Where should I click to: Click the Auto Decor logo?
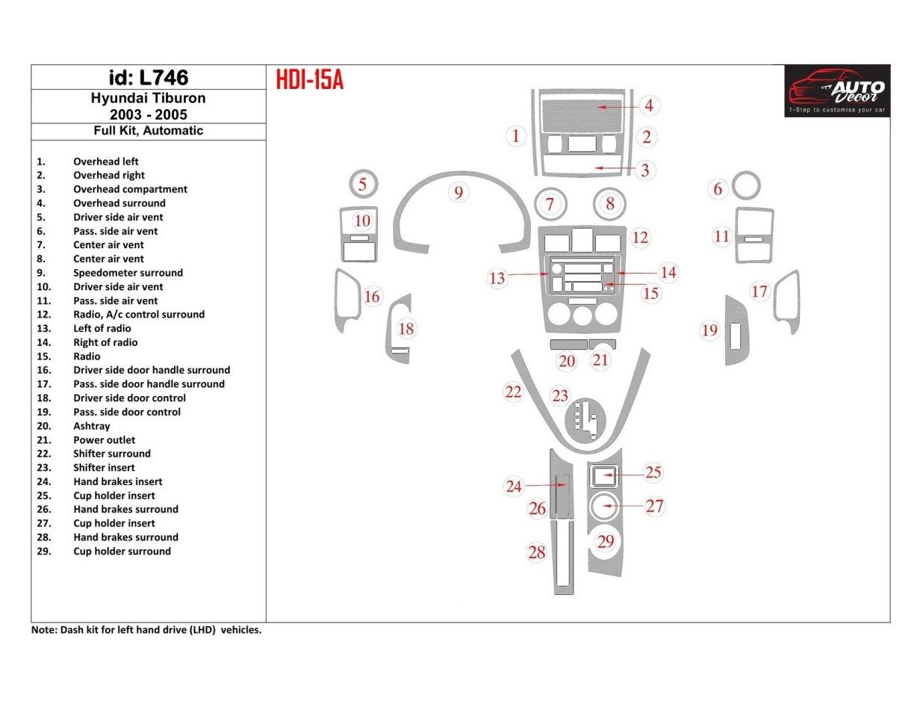pyautogui.click(x=836, y=90)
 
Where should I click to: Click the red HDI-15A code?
pyautogui.click(x=309, y=79)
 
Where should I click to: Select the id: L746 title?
pyautogui.click(x=148, y=78)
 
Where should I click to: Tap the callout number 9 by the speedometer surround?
pyautogui.click(x=458, y=193)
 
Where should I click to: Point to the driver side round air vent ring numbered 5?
pyautogui.click(x=363, y=184)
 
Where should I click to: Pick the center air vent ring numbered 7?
pyautogui.click(x=550, y=203)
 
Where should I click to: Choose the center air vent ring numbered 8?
pyautogui.click(x=610, y=203)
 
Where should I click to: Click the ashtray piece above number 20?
pyautogui.click(x=567, y=344)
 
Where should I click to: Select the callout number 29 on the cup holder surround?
pyautogui.click(x=605, y=542)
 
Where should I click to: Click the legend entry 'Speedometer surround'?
pyautogui.click(x=128, y=273)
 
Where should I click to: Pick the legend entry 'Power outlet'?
pyautogui.click(x=104, y=440)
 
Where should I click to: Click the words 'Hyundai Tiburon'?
pyautogui.click(x=148, y=98)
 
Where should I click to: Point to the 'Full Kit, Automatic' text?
pyautogui.click(x=148, y=130)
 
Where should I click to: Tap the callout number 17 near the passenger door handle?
pyautogui.click(x=759, y=291)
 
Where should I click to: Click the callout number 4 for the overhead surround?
pyautogui.click(x=648, y=105)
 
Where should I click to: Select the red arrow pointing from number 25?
pyautogui.click(x=623, y=475)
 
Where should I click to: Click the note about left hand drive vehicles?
pyautogui.click(x=146, y=630)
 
